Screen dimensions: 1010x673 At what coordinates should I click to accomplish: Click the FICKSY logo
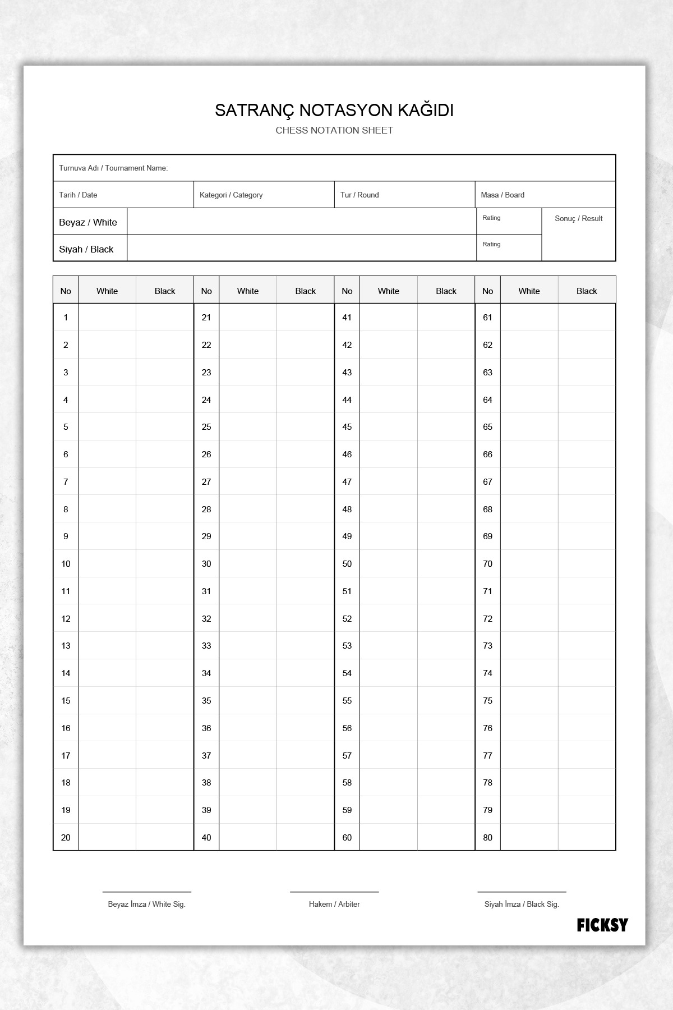602,925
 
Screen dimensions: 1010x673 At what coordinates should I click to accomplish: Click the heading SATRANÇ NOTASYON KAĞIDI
334,111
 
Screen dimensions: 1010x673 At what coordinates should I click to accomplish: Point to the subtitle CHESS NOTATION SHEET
334,130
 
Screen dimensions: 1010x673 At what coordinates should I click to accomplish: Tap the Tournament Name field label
113,168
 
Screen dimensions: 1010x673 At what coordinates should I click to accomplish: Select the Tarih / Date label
78,195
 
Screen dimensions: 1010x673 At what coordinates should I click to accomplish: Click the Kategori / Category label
231,195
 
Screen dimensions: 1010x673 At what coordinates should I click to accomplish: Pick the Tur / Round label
359,195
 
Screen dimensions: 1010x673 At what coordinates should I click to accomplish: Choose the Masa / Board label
503,195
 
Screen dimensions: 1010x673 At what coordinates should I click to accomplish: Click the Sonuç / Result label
578,218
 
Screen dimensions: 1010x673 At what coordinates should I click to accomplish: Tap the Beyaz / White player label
88,222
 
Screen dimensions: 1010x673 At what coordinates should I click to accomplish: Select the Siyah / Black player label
86,249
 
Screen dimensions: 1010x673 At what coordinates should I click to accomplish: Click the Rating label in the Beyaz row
491,218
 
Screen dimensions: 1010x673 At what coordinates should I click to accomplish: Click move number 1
66,318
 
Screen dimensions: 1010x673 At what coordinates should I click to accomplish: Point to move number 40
206,837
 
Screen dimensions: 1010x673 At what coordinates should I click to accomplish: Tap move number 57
347,755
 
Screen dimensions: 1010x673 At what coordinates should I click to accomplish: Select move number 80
487,837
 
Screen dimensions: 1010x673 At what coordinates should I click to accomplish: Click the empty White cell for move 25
248,427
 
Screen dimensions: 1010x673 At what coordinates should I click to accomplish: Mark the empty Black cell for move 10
165,564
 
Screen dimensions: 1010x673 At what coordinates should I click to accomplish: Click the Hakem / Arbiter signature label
334,904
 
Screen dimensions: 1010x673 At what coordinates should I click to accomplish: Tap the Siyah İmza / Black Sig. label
522,904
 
